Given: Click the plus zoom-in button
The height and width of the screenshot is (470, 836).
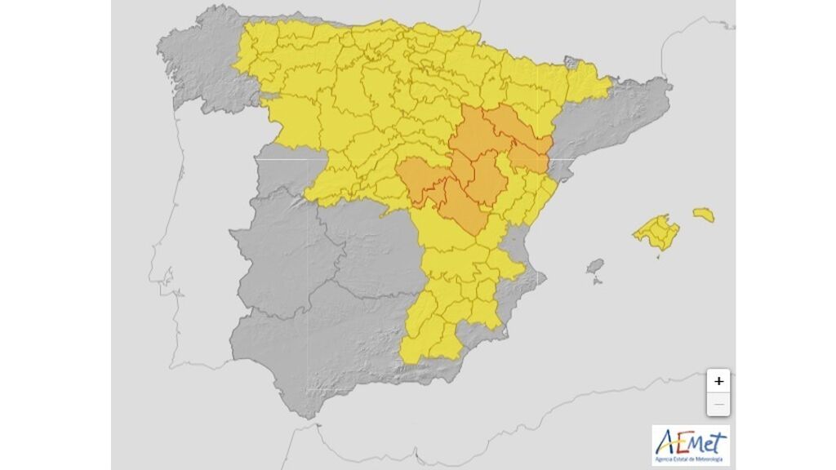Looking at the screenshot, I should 718,381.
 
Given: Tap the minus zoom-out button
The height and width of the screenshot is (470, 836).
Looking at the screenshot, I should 718,404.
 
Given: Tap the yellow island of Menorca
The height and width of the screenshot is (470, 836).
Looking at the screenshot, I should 704,214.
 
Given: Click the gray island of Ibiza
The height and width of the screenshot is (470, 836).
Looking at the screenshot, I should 595,267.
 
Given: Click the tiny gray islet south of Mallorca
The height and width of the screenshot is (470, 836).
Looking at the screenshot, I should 659,258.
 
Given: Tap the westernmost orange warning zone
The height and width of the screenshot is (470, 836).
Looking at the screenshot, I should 415,180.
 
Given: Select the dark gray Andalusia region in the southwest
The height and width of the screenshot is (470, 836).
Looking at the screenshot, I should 310,351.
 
